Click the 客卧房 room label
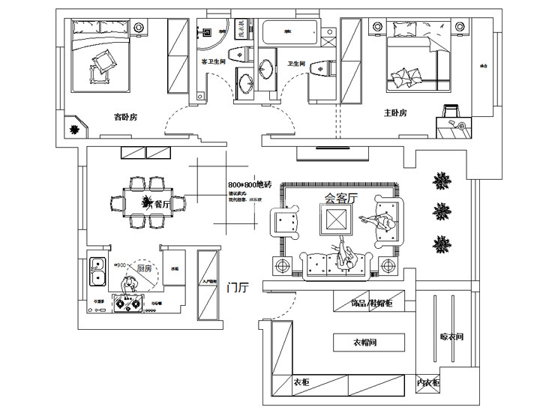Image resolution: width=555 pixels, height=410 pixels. (124, 117)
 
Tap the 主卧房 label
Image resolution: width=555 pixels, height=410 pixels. (394, 113)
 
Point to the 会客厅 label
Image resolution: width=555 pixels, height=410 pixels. (341, 199)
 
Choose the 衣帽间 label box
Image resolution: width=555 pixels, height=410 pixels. (368, 343)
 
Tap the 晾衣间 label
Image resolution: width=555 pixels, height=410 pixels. (452, 337)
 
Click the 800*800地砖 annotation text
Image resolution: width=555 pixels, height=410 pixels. (250, 184)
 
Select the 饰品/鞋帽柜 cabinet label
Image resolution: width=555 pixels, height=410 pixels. (371, 304)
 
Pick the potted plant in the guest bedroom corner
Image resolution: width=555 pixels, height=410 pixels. (75, 130)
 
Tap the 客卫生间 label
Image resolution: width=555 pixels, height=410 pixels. (214, 61)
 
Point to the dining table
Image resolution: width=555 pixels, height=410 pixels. (142, 201)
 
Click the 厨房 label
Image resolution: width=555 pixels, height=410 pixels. (145, 267)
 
